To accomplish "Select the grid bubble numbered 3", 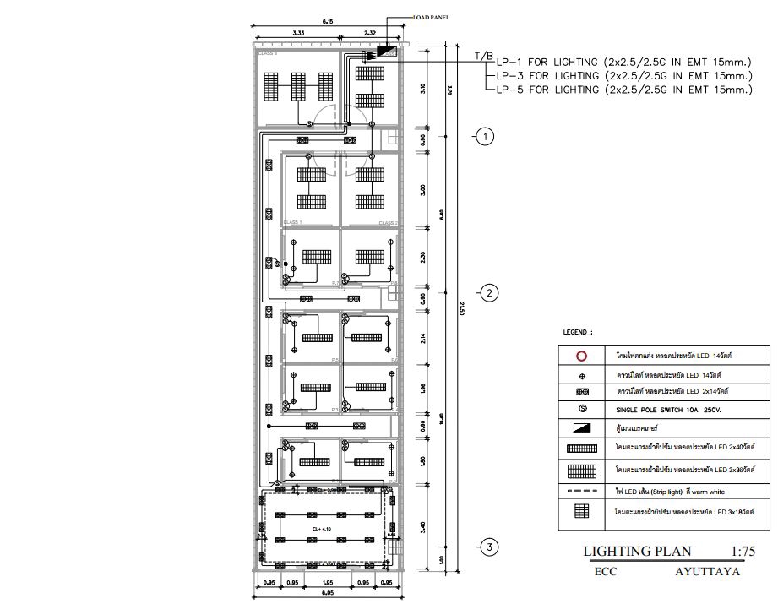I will pos(488,547).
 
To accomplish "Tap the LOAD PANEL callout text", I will pos(431,16).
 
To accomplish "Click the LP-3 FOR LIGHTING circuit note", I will pos(623,75).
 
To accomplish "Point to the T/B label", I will pos(483,56).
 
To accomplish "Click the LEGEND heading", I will pos(579,332).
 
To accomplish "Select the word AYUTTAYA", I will pos(708,571).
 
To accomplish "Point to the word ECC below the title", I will pos(607,571).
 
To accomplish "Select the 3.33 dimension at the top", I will pos(298,33).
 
